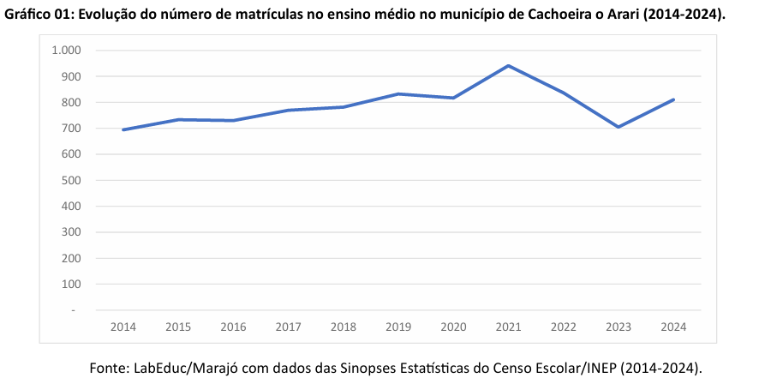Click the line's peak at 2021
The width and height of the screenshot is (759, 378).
coord(509,66)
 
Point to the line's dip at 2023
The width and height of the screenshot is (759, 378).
coord(619,127)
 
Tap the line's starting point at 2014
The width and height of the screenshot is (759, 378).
coord(123,129)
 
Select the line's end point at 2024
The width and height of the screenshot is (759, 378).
coord(673,99)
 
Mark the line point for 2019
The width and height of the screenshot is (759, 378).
coord(398,93)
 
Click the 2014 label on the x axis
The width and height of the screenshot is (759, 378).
coord(123,327)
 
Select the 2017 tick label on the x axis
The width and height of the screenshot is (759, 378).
coord(289,327)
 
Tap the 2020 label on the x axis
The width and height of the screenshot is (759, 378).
coord(453,327)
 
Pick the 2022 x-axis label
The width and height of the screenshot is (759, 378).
coord(564,327)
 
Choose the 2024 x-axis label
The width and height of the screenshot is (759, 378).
coord(673,327)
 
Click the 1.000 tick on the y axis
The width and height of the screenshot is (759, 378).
coord(66,51)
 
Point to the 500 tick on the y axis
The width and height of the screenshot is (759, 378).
coord(70,180)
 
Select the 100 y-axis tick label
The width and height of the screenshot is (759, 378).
coord(70,284)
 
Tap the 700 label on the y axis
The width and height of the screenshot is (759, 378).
coord(70,129)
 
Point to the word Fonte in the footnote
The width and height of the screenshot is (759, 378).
coord(109,368)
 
